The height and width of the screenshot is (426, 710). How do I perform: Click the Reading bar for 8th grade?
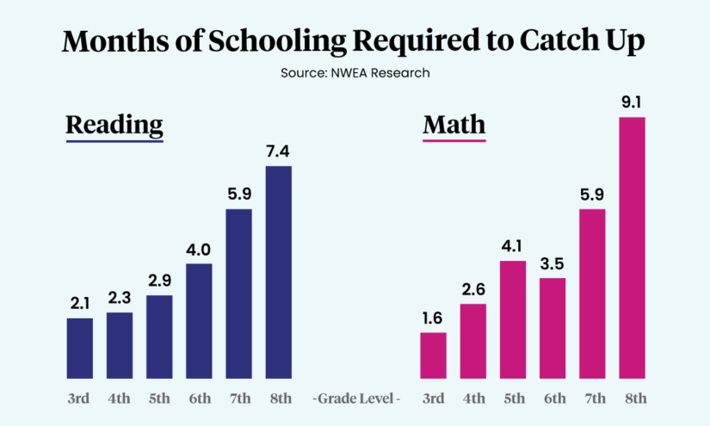pos(279,272)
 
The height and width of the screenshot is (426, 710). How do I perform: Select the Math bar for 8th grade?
pos(633,248)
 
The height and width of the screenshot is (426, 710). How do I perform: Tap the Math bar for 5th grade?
pos(513,319)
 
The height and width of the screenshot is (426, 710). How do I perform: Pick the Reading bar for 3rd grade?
pos(80,349)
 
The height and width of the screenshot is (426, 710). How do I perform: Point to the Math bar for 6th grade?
pos(553,328)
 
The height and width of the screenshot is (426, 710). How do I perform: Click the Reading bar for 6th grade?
pos(199,321)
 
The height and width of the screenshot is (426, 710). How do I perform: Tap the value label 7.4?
pos(279,151)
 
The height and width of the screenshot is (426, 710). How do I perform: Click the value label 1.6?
pos(433,318)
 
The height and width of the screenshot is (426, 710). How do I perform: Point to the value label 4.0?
pos(199,250)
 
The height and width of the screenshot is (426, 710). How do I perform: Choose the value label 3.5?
pos(553,264)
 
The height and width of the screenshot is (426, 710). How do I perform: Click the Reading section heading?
pos(114,126)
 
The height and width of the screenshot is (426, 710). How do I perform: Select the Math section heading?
pos(454,126)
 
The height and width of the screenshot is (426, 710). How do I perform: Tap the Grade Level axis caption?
pos(356,398)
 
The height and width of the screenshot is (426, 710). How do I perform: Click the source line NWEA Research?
pos(355,73)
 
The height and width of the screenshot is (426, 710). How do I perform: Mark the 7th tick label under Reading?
pos(239,398)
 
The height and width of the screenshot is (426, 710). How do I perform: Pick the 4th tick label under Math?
pos(473,398)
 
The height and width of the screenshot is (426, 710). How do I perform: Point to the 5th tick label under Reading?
pos(159,398)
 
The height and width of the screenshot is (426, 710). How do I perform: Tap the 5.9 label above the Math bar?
pos(592,194)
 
